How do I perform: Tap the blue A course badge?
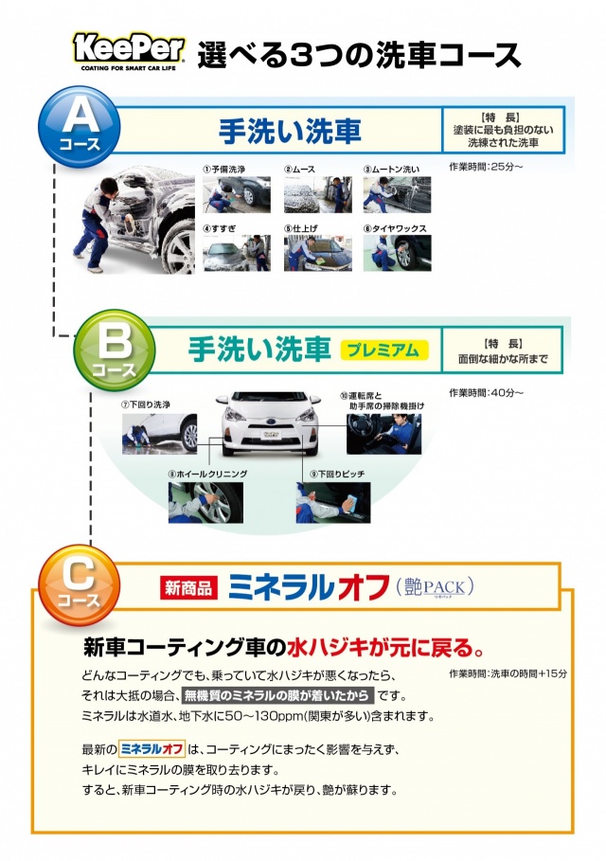79,126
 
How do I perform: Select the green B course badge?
115,350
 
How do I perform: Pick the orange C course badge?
79,584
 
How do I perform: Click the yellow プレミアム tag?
384,350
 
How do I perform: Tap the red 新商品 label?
188,588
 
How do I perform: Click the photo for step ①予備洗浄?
237,194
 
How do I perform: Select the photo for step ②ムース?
318,194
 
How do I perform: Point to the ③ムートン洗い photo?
398,194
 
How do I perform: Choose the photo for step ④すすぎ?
237,253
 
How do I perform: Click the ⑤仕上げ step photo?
318,253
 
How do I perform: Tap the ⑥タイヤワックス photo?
398,253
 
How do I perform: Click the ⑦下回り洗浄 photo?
159,434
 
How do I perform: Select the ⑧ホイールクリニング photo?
205,502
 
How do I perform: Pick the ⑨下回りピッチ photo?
333,502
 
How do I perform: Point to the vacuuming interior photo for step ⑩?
384,434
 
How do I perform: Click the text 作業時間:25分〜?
487,167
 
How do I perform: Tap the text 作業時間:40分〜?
487,392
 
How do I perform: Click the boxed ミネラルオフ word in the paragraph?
152,749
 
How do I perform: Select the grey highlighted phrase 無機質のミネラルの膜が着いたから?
277,696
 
